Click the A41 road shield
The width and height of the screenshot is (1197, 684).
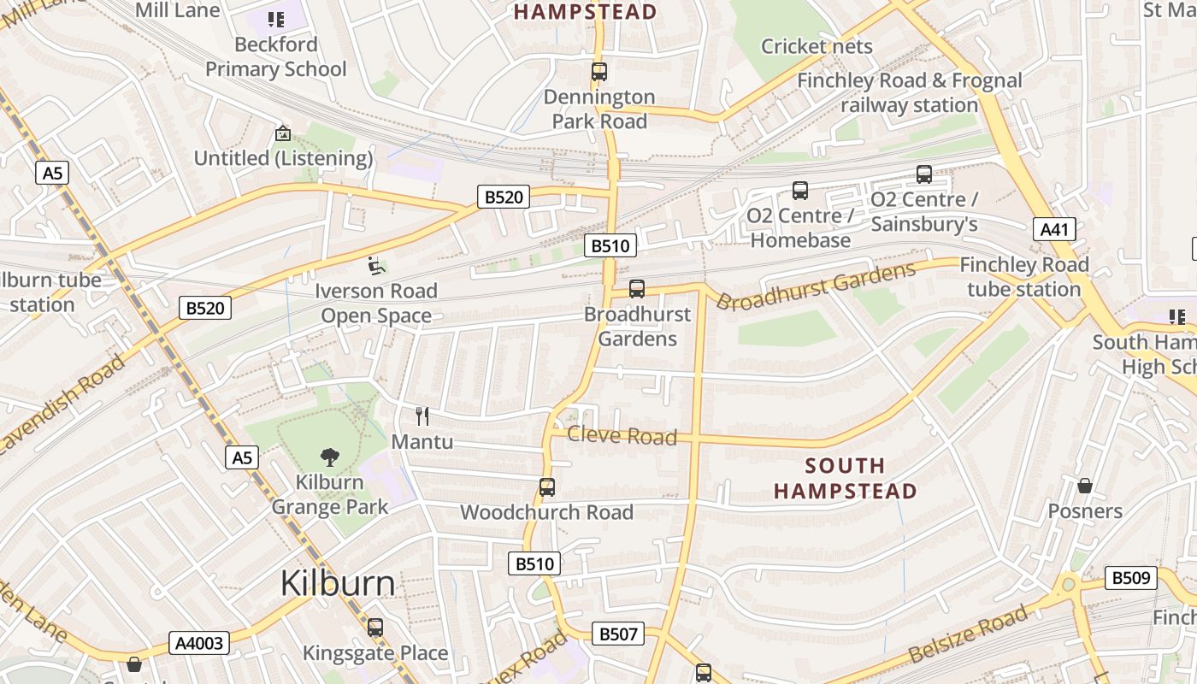pyautogui.click(x=1054, y=229)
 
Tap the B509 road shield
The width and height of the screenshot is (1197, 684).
pyautogui.click(x=1131, y=578)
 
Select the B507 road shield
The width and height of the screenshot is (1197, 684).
pyautogui.click(x=618, y=634)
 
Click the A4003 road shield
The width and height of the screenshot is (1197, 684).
pyautogui.click(x=199, y=643)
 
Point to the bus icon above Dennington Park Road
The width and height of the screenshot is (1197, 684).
pyautogui.click(x=599, y=72)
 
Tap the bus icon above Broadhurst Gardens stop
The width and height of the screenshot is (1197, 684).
pyautogui.click(x=637, y=289)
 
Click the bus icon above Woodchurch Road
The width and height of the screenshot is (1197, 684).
pyautogui.click(x=547, y=487)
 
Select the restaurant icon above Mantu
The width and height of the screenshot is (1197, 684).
pyautogui.click(x=422, y=416)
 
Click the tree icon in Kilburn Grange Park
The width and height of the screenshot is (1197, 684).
pyautogui.click(x=330, y=457)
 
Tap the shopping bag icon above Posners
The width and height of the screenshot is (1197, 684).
pyautogui.click(x=1085, y=486)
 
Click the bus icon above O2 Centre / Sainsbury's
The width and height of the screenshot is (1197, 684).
pyautogui.click(x=924, y=174)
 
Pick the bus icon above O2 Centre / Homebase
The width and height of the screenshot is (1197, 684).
pyautogui.click(x=800, y=191)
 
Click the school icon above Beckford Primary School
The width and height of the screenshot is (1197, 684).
pyautogui.click(x=276, y=19)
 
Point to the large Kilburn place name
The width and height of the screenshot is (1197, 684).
pyautogui.click(x=338, y=583)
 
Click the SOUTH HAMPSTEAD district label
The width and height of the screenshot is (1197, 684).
pyautogui.click(x=845, y=478)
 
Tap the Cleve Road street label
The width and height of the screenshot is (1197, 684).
pyautogui.click(x=622, y=436)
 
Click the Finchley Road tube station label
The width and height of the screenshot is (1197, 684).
pyautogui.click(x=1024, y=277)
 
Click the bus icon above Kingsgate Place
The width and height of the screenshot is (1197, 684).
pyautogui.click(x=375, y=628)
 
